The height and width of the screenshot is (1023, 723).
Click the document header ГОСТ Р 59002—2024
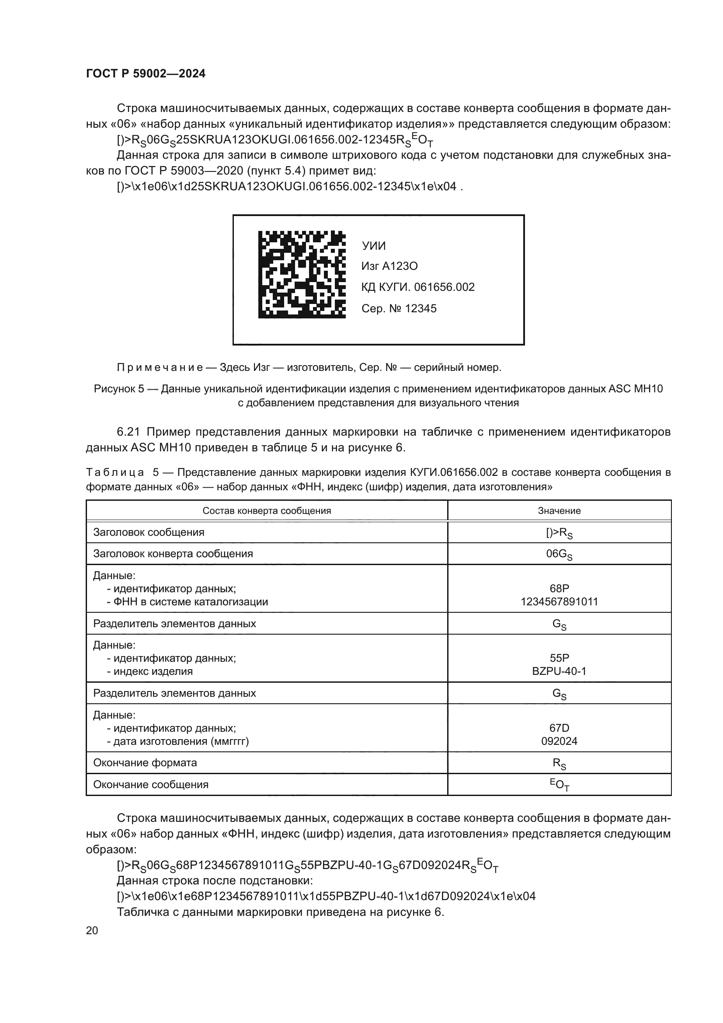click(x=146, y=74)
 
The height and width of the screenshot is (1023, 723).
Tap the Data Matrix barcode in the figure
click(x=302, y=274)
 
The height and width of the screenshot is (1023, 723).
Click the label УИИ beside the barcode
click(x=373, y=246)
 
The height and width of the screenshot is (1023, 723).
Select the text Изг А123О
click(x=389, y=266)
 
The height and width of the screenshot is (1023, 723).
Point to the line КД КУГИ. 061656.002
click(x=417, y=287)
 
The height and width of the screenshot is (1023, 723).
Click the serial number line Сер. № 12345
click(x=399, y=308)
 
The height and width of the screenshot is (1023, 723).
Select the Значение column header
click(x=559, y=510)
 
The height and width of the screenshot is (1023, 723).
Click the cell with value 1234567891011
click(x=559, y=601)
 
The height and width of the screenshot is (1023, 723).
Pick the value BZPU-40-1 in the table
click(x=559, y=671)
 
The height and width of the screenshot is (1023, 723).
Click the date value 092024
click(x=559, y=741)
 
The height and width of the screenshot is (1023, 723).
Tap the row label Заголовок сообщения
click(x=148, y=532)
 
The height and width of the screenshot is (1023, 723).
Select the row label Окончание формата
click(x=145, y=762)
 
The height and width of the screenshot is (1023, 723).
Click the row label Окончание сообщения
click(x=150, y=784)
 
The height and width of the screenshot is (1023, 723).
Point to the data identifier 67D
click(x=559, y=728)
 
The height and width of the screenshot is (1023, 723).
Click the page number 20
click(x=92, y=930)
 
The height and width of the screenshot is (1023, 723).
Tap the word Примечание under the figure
click(x=160, y=367)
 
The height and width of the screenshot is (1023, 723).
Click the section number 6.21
click(x=129, y=432)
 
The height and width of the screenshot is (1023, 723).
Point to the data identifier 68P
click(x=559, y=589)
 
